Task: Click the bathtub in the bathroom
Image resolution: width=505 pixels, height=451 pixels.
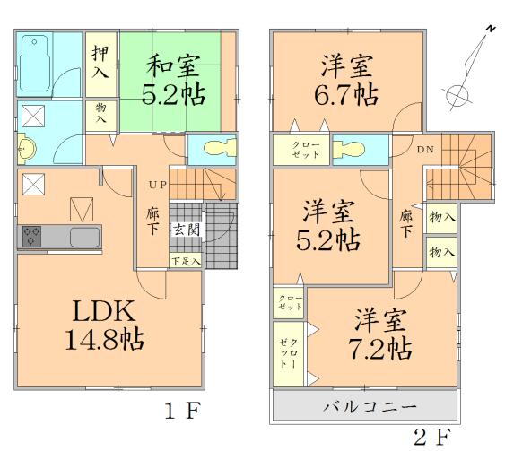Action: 35,64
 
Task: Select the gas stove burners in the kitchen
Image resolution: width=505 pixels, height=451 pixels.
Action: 33,238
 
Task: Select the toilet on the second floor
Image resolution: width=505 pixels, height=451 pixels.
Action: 352,149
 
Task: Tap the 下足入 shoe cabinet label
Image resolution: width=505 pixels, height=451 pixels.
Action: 186,260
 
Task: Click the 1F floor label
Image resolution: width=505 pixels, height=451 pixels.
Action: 181,412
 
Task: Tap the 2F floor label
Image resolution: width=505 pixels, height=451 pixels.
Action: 431,437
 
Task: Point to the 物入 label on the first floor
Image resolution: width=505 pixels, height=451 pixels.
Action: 100,114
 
